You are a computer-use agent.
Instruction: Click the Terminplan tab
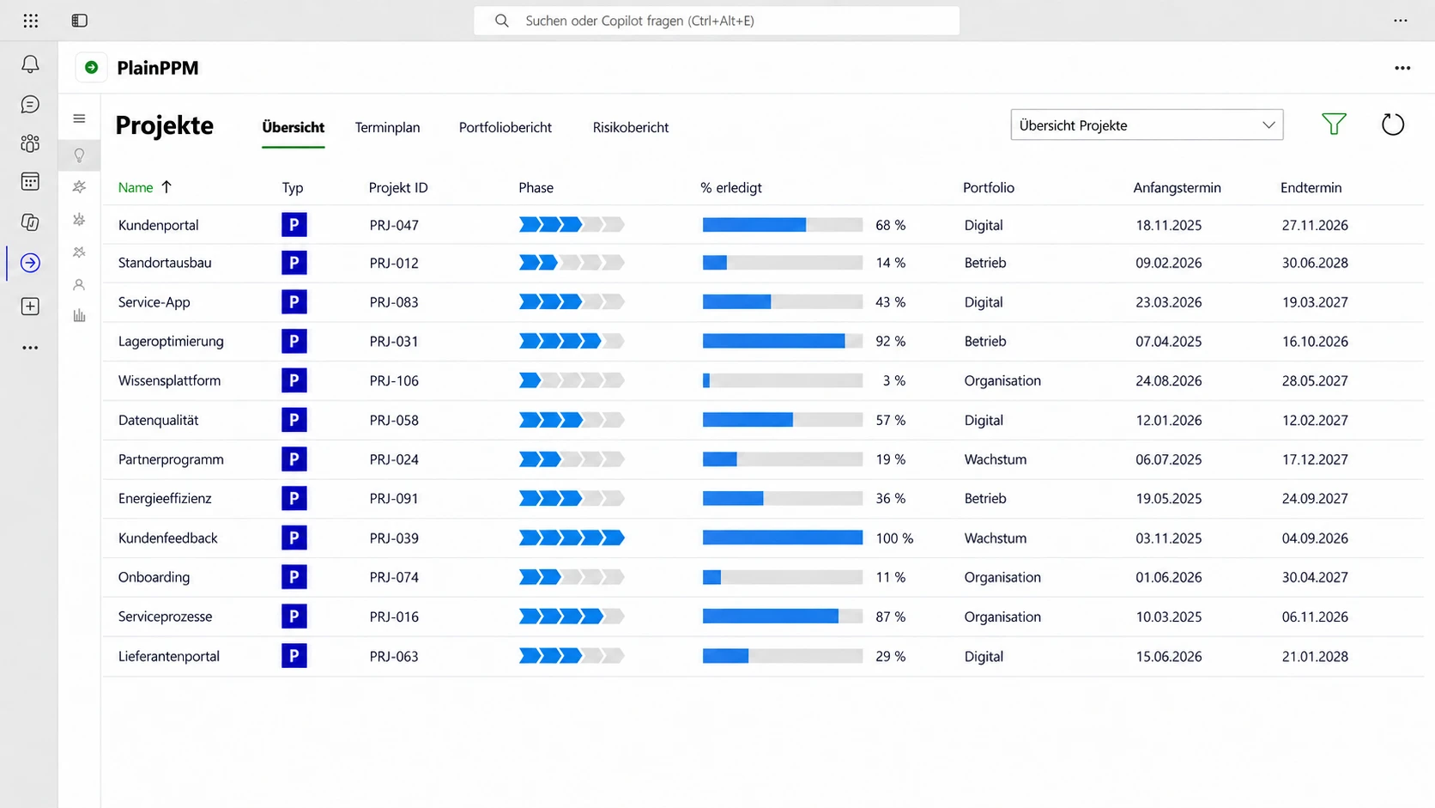388,127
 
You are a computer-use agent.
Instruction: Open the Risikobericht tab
630,127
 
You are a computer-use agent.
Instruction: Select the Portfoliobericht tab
505,127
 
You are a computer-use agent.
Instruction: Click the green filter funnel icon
1334,124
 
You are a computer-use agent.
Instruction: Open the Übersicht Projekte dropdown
1147,125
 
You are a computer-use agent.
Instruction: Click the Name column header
135,187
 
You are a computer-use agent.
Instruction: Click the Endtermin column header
1311,187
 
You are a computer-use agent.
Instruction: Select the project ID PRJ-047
394,225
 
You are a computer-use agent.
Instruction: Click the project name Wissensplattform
169,380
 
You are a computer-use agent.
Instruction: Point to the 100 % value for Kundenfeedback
894,538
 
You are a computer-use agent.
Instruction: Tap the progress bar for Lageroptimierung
782,341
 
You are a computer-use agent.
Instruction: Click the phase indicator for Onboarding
572,577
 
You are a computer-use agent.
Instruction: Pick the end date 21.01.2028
1315,656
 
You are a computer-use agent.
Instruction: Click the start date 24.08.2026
1168,380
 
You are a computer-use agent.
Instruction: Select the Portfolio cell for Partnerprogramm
995,459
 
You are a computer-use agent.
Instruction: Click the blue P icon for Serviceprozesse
294,617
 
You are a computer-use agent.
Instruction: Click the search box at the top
717,21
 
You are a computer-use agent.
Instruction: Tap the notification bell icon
30,64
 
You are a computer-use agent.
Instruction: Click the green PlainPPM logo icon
92,67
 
